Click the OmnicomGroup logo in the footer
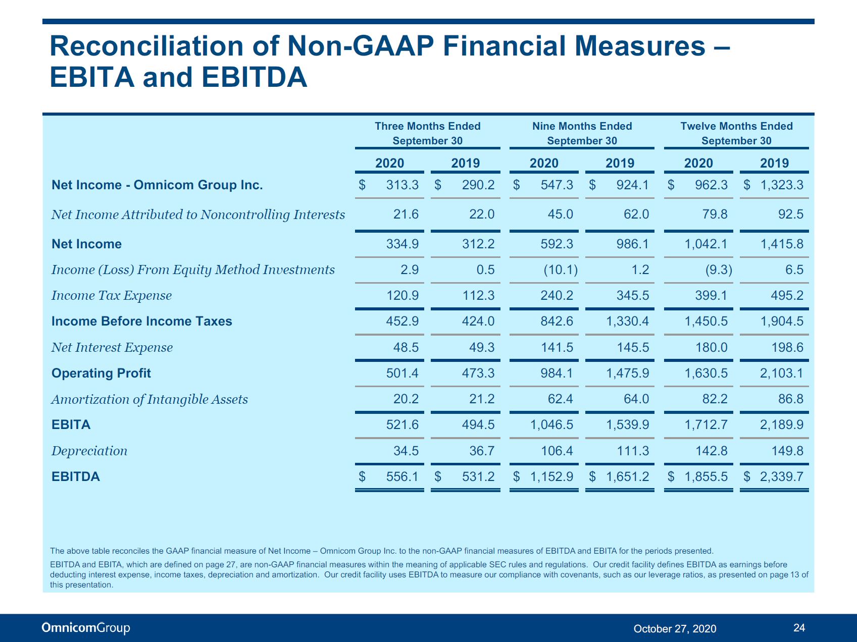click(86, 628)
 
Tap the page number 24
click(799, 628)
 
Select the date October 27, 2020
click(675, 628)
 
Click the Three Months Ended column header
click(427, 133)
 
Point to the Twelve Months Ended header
click(736, 133)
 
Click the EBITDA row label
click(76, 476)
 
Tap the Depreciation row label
click(89, 451)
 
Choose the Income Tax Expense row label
click(112, 295)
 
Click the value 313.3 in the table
click(402, 185)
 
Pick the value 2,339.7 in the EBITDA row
click(782, 476)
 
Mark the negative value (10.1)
click(561, 270)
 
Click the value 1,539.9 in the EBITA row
click(628, 424)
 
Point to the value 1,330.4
click(628, 321)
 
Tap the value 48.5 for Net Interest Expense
click(406, 347)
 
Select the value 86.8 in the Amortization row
click(791, 399)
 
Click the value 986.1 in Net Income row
click(633, 244)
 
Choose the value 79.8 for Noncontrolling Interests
click(715, 214)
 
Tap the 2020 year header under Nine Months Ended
click(544, 163)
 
